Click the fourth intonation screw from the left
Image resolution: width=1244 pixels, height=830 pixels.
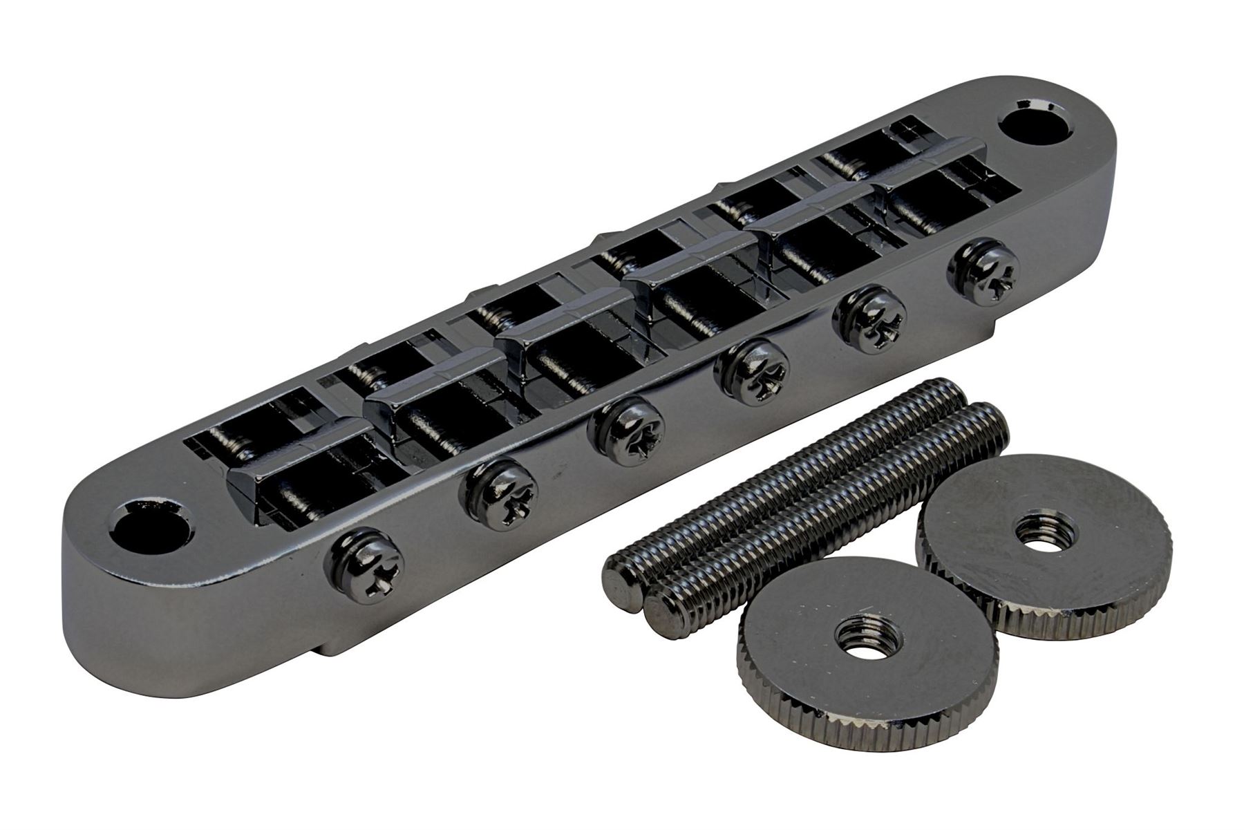[751, 371]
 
